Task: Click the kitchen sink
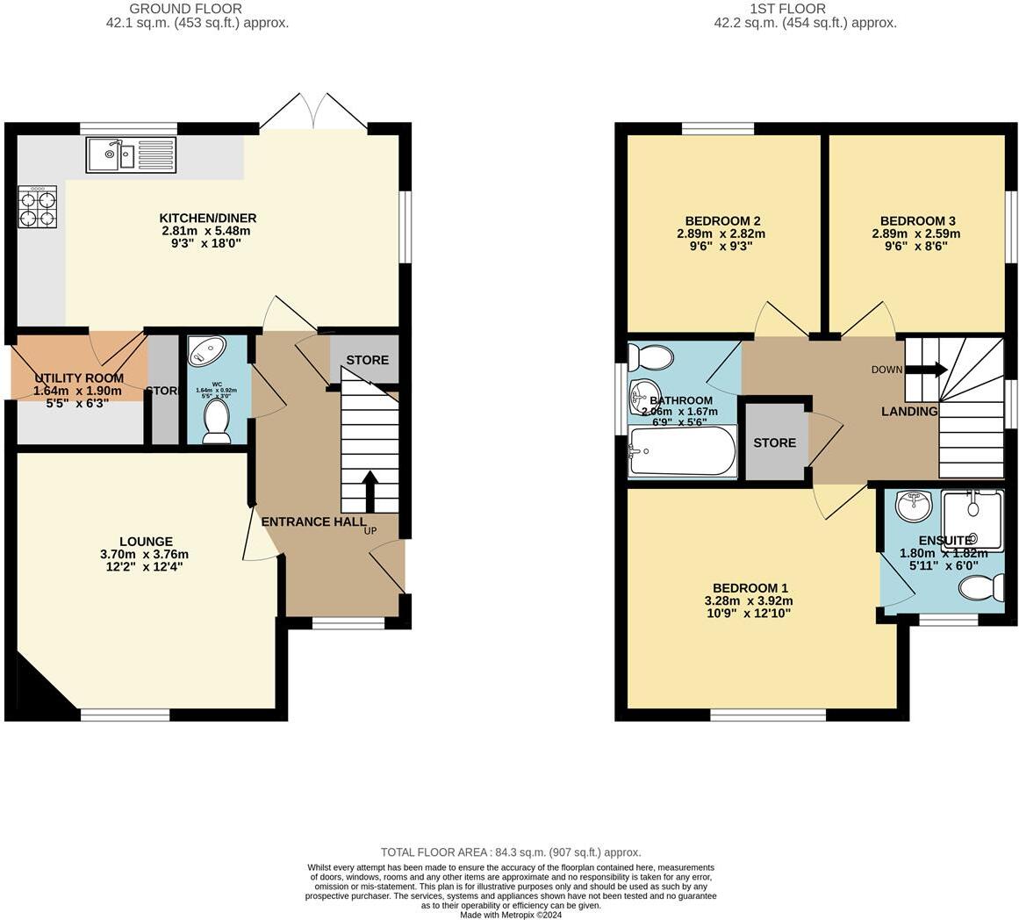pos(131,155)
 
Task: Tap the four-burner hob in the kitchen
pos(37,208)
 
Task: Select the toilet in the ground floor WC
pos(215,422)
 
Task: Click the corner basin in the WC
pos(207,351)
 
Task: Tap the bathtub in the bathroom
pos(682,451)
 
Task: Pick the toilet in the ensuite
pos(982,586)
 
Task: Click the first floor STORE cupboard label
pos(774,443)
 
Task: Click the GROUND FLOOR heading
pos(174,9)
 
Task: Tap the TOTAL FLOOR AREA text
pos(510,852)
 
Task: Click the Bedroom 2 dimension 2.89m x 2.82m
pos(721,234)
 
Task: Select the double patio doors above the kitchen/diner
pos(313,111)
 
